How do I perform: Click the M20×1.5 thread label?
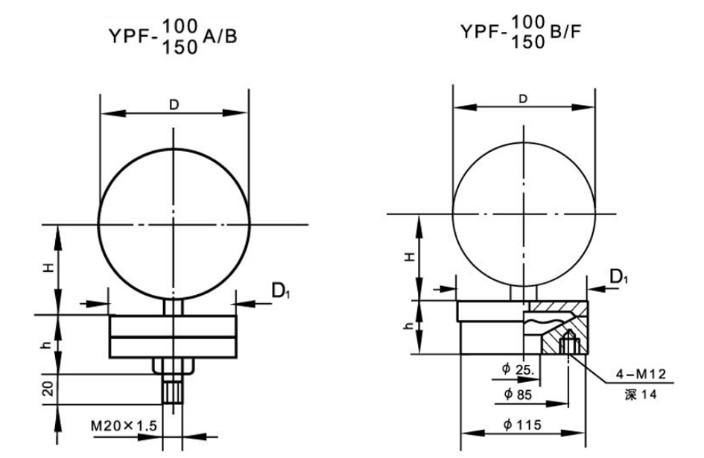point(124,424)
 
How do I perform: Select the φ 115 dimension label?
point(522,424)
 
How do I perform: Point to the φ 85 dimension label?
point(518,394)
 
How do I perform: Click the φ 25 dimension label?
point(518,369)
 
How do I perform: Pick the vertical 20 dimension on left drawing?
point(48,389)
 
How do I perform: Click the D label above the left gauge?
point(174,104)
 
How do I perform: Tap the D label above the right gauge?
point(523,99)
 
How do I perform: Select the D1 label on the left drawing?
point(282,291)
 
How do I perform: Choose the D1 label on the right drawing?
point(619,276)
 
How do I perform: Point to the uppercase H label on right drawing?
point(410,257)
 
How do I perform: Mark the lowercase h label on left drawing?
point(47,345)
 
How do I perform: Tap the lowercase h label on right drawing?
point(408,325)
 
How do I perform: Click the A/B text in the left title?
point(220,36)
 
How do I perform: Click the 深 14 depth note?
point(640,394)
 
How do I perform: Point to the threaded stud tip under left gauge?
point(173,392)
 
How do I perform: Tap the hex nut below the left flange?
point(174,366)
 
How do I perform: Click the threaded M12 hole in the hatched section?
point(569,342)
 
